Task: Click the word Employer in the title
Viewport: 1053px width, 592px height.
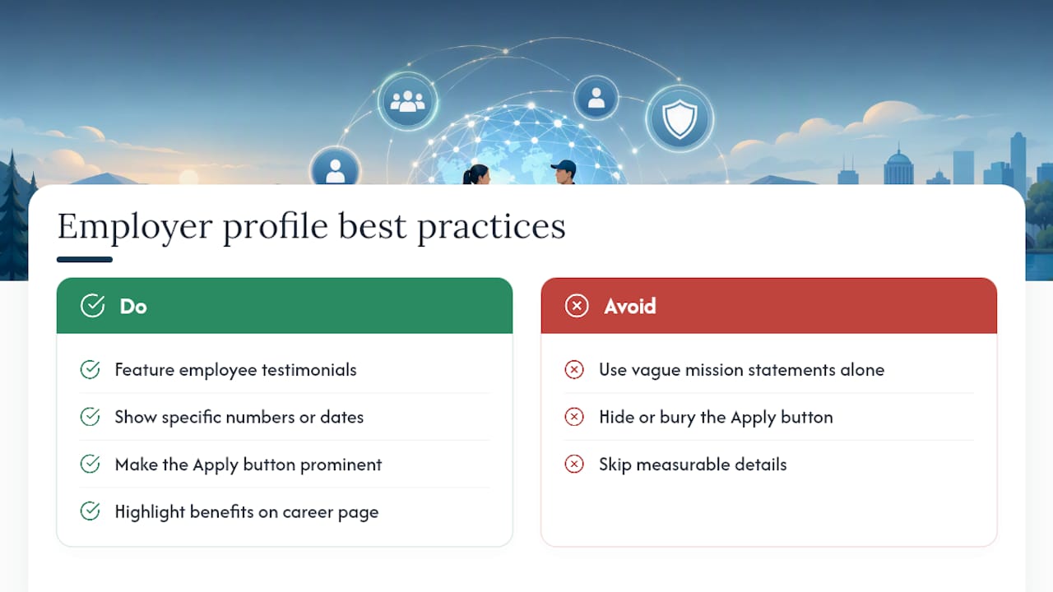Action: pos(135,228)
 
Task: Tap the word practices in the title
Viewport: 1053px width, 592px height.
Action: pos(492,228)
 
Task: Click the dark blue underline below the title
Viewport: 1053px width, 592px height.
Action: pos(85,259)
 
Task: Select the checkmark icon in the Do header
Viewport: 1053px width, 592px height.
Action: pos(93,306)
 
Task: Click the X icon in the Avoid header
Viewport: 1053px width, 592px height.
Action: pos(577,306)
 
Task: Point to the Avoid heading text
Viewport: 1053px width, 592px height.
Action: pos(630,307)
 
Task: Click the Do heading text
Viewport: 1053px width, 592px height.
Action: pos(133,307)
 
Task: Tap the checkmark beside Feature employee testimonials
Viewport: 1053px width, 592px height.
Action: pos(90,370)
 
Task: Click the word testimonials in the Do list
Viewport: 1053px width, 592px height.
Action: pos(309,370)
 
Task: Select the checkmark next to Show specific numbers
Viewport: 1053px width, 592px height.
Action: pos(90,417)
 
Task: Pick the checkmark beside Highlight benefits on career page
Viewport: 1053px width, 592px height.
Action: pos(90,511)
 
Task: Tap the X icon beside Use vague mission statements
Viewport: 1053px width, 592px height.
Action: pos(574,370)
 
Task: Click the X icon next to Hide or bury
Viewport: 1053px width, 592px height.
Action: pos(574,417)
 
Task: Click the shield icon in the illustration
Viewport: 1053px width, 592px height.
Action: pos(680,118)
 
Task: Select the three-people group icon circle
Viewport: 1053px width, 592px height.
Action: pos(407,101)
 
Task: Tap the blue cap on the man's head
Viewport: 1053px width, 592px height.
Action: pos(564,166)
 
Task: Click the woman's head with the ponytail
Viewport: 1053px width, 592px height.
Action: pos(476,175)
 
